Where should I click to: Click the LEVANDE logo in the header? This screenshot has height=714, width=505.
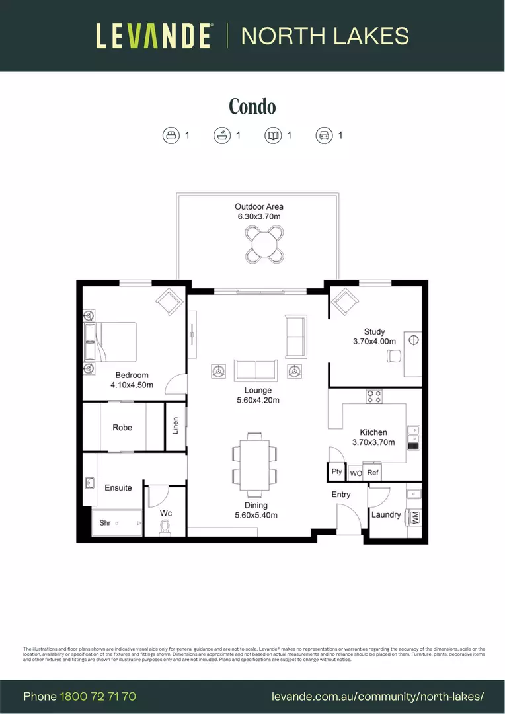point(153,36)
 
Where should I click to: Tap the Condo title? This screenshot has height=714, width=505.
point(252,106)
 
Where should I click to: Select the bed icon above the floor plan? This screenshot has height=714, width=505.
point(171,136)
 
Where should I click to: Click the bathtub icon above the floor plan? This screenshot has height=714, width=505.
point(222,136)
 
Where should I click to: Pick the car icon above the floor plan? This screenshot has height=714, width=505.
point(324,136)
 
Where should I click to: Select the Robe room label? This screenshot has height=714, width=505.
point(122,428)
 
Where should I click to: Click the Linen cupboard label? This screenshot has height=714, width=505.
point(175,426)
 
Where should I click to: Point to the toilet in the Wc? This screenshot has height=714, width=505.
point(165,528)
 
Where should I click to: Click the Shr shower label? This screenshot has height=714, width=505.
point(105,523)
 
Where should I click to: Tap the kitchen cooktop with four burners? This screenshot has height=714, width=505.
point(374,396)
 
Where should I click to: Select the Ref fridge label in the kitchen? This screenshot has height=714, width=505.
point(373,473)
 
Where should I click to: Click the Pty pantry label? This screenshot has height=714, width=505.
point(337,472)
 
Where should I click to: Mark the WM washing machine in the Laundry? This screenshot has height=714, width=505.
point(416,516)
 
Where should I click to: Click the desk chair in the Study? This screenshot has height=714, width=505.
point(394,356)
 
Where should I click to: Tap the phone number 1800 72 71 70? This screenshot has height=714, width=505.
point(98,696)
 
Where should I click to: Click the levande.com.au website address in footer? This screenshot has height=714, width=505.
point(378,696)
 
